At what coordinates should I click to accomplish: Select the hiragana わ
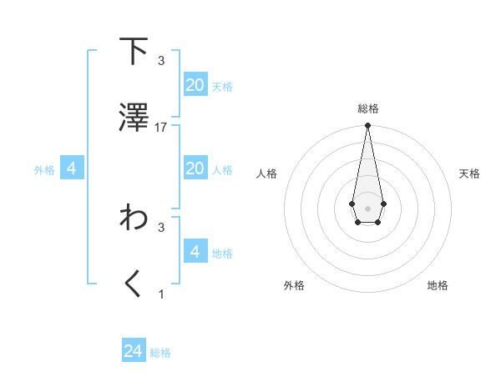click(x=134, y=218)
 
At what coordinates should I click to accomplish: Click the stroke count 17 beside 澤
click(x=161, y=128)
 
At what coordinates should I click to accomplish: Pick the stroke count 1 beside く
click(x=161, y=294)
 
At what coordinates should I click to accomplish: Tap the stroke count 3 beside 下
click(x=161, y=61)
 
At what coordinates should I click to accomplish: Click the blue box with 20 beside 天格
click(x=195, y=85)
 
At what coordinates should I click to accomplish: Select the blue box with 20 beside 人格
click(x=195, y=168)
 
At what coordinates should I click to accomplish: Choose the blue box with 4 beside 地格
click(x=195, y=251)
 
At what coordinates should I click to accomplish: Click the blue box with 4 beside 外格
click(x=72, y=168)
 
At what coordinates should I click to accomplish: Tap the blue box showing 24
click(x=134, y=351)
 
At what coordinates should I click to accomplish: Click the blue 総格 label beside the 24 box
click(x=161, y=354)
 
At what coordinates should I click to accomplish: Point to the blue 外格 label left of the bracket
click(x=44, y=170)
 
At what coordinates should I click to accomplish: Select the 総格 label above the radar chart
click(x=367, y=108)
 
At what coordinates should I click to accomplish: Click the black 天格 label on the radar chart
click(x=469, y=173)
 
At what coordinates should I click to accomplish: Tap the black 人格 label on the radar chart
click(x=266, y=173)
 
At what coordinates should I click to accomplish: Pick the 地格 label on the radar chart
click(x=438, y=285)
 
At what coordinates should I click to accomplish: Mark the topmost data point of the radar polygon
click(x=367, y=126)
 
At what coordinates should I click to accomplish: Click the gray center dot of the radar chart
click(x=367, y=207)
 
